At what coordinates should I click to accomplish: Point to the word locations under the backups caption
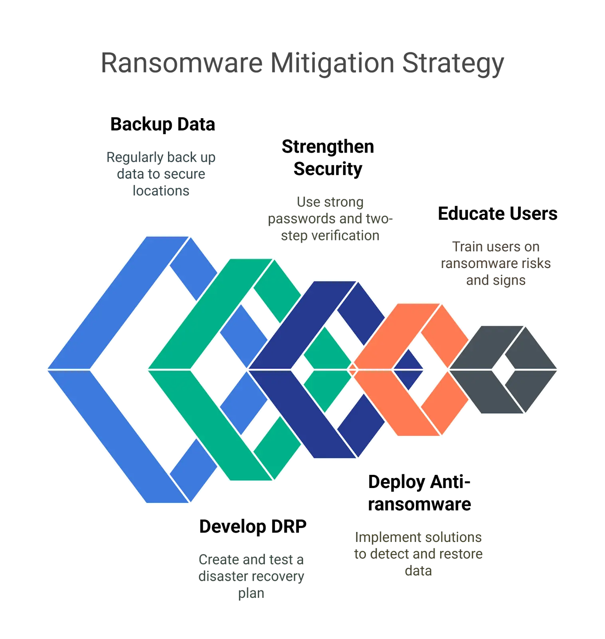point(161,191)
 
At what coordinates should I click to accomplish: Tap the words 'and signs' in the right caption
point(496,281)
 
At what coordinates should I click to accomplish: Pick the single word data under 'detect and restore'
point(418,572)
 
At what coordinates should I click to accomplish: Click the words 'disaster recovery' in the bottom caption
point(252,577)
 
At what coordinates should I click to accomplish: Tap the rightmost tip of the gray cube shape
point(558,369)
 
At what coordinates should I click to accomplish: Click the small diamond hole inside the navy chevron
point(302,369)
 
